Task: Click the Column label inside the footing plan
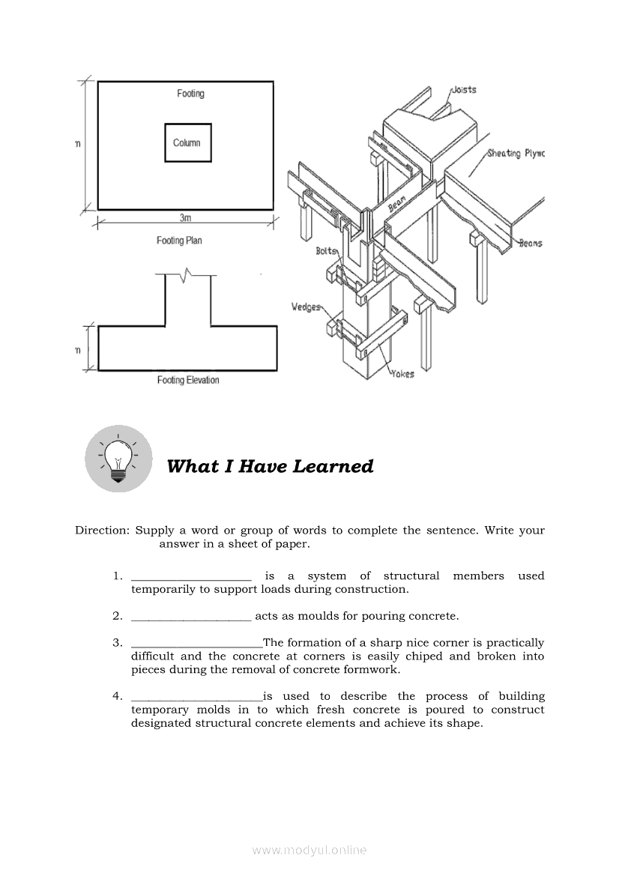point(187,142)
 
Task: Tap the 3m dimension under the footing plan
point(185,218)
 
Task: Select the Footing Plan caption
point(179,241)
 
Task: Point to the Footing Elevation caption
point(188,380)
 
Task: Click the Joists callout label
point(464,90)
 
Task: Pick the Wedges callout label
point(306,306)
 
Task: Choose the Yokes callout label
point(402,374)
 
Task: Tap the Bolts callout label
point(327,251)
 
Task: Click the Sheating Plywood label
point(516,154)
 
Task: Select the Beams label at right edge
point(531,243)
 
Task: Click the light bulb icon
point(118,459)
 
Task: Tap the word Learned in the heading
point(333,466)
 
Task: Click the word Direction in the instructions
point(102,531)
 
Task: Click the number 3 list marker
point(118,643)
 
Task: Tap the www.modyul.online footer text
point(309,850)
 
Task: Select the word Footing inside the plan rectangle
point(190,94)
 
